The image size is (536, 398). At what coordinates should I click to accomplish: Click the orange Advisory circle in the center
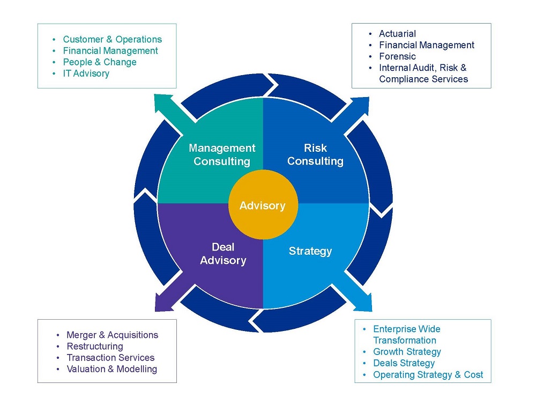coord(263,205)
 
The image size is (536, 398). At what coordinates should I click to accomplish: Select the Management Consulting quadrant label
coord(222,154)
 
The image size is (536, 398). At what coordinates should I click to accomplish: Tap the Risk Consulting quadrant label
coord(315,154)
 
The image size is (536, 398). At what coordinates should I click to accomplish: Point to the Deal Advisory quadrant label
coord(223,254)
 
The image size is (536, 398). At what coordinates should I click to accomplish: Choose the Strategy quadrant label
coord(310,251)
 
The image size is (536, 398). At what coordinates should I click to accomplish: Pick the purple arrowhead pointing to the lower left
coord(163,303)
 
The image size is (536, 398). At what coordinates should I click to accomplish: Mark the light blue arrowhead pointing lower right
coord(363,303)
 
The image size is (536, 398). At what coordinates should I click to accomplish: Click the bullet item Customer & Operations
coord(112,39)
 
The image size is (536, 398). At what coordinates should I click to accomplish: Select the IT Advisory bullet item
coord(86,73)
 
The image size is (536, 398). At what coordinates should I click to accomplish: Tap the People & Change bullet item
coord(100,62)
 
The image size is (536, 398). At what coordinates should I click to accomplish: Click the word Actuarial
coord(397,34)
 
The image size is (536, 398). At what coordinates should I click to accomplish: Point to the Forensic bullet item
coord(397,56)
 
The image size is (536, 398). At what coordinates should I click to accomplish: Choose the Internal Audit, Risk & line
coord(422,68)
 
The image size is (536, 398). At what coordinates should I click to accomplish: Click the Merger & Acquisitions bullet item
coord(112,335)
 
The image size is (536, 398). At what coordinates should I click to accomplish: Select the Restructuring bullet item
coord(95,347)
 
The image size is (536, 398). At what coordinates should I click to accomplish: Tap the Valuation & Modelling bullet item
coord(112,369)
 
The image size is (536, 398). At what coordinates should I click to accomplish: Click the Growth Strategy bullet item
coord(407,352)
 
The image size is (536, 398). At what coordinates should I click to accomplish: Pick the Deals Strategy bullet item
coord(404,363)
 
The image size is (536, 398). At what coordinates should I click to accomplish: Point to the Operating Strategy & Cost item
coord(428,375)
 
